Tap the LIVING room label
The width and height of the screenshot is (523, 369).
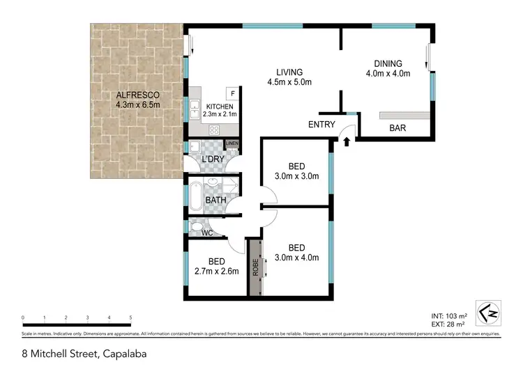coord(289,72)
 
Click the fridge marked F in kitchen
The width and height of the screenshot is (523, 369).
coord(232,93)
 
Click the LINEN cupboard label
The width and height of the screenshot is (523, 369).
coord(232,144)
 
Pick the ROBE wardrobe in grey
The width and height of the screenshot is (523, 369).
coord(255,267)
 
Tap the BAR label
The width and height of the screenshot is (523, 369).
coord(398,128)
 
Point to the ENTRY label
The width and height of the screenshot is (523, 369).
coord(321,125)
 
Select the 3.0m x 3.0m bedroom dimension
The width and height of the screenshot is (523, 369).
coord(296,176)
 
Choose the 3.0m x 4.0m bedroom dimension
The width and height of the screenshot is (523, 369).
coord(296,258)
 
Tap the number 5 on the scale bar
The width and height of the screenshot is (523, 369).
coord(130,317)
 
